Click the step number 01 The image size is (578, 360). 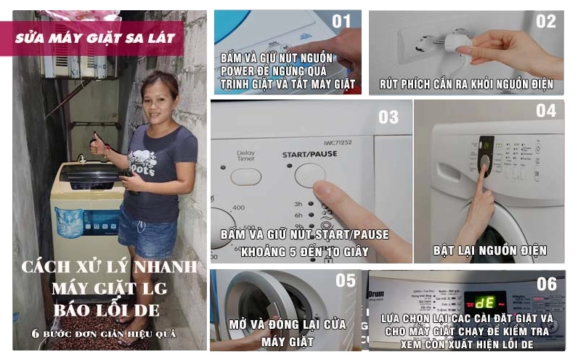point(341,21)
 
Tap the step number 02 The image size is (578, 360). point(545,21)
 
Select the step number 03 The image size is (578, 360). point(388,117)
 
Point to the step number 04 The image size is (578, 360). point(545,110)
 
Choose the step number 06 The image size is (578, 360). point(546,284)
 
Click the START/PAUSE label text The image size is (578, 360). point(310,155)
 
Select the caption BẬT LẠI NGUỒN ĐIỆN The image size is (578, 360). point(489,251)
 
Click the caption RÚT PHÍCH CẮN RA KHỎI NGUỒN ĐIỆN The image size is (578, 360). point(466,85)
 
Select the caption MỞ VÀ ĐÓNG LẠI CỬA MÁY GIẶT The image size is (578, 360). point(285,332)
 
